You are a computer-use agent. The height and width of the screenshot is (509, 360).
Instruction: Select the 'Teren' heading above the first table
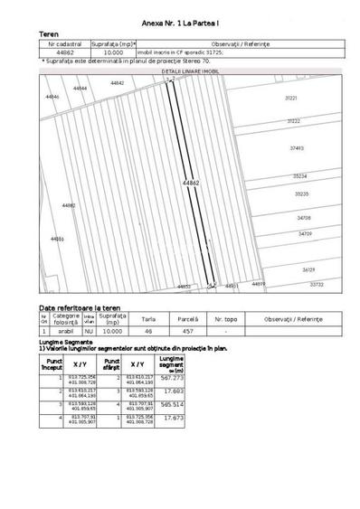(x=50, y=32)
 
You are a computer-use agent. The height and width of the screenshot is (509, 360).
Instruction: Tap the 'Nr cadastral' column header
(x=64, y=42)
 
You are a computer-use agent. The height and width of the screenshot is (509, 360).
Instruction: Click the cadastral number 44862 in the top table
(x=64, y=52)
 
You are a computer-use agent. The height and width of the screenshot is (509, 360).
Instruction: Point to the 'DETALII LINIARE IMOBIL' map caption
(x=190, y=70)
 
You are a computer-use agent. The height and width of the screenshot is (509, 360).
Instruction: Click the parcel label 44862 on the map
(x=191, y=183)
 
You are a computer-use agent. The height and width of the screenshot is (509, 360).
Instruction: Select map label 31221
(x=291, y=97)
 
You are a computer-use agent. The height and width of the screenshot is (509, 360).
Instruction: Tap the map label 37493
(x=297, y=147)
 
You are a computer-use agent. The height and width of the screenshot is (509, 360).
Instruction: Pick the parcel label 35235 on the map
(x=301, y=193)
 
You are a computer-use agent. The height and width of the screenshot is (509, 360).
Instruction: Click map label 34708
(x=304, y=218)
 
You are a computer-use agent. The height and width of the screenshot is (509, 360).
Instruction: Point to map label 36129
(x=308, y=269)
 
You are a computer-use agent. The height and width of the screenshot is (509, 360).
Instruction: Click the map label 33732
(x=317, y=284)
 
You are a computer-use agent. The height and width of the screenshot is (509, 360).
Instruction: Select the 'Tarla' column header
(x=148, y=319)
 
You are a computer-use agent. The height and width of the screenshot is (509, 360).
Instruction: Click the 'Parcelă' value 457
(x=187, y=332)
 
